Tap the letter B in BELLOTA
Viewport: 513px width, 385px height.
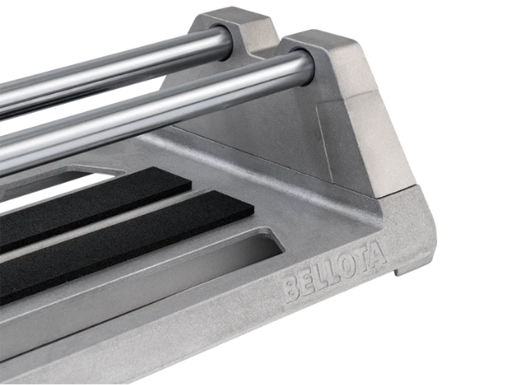click(292, 289)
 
